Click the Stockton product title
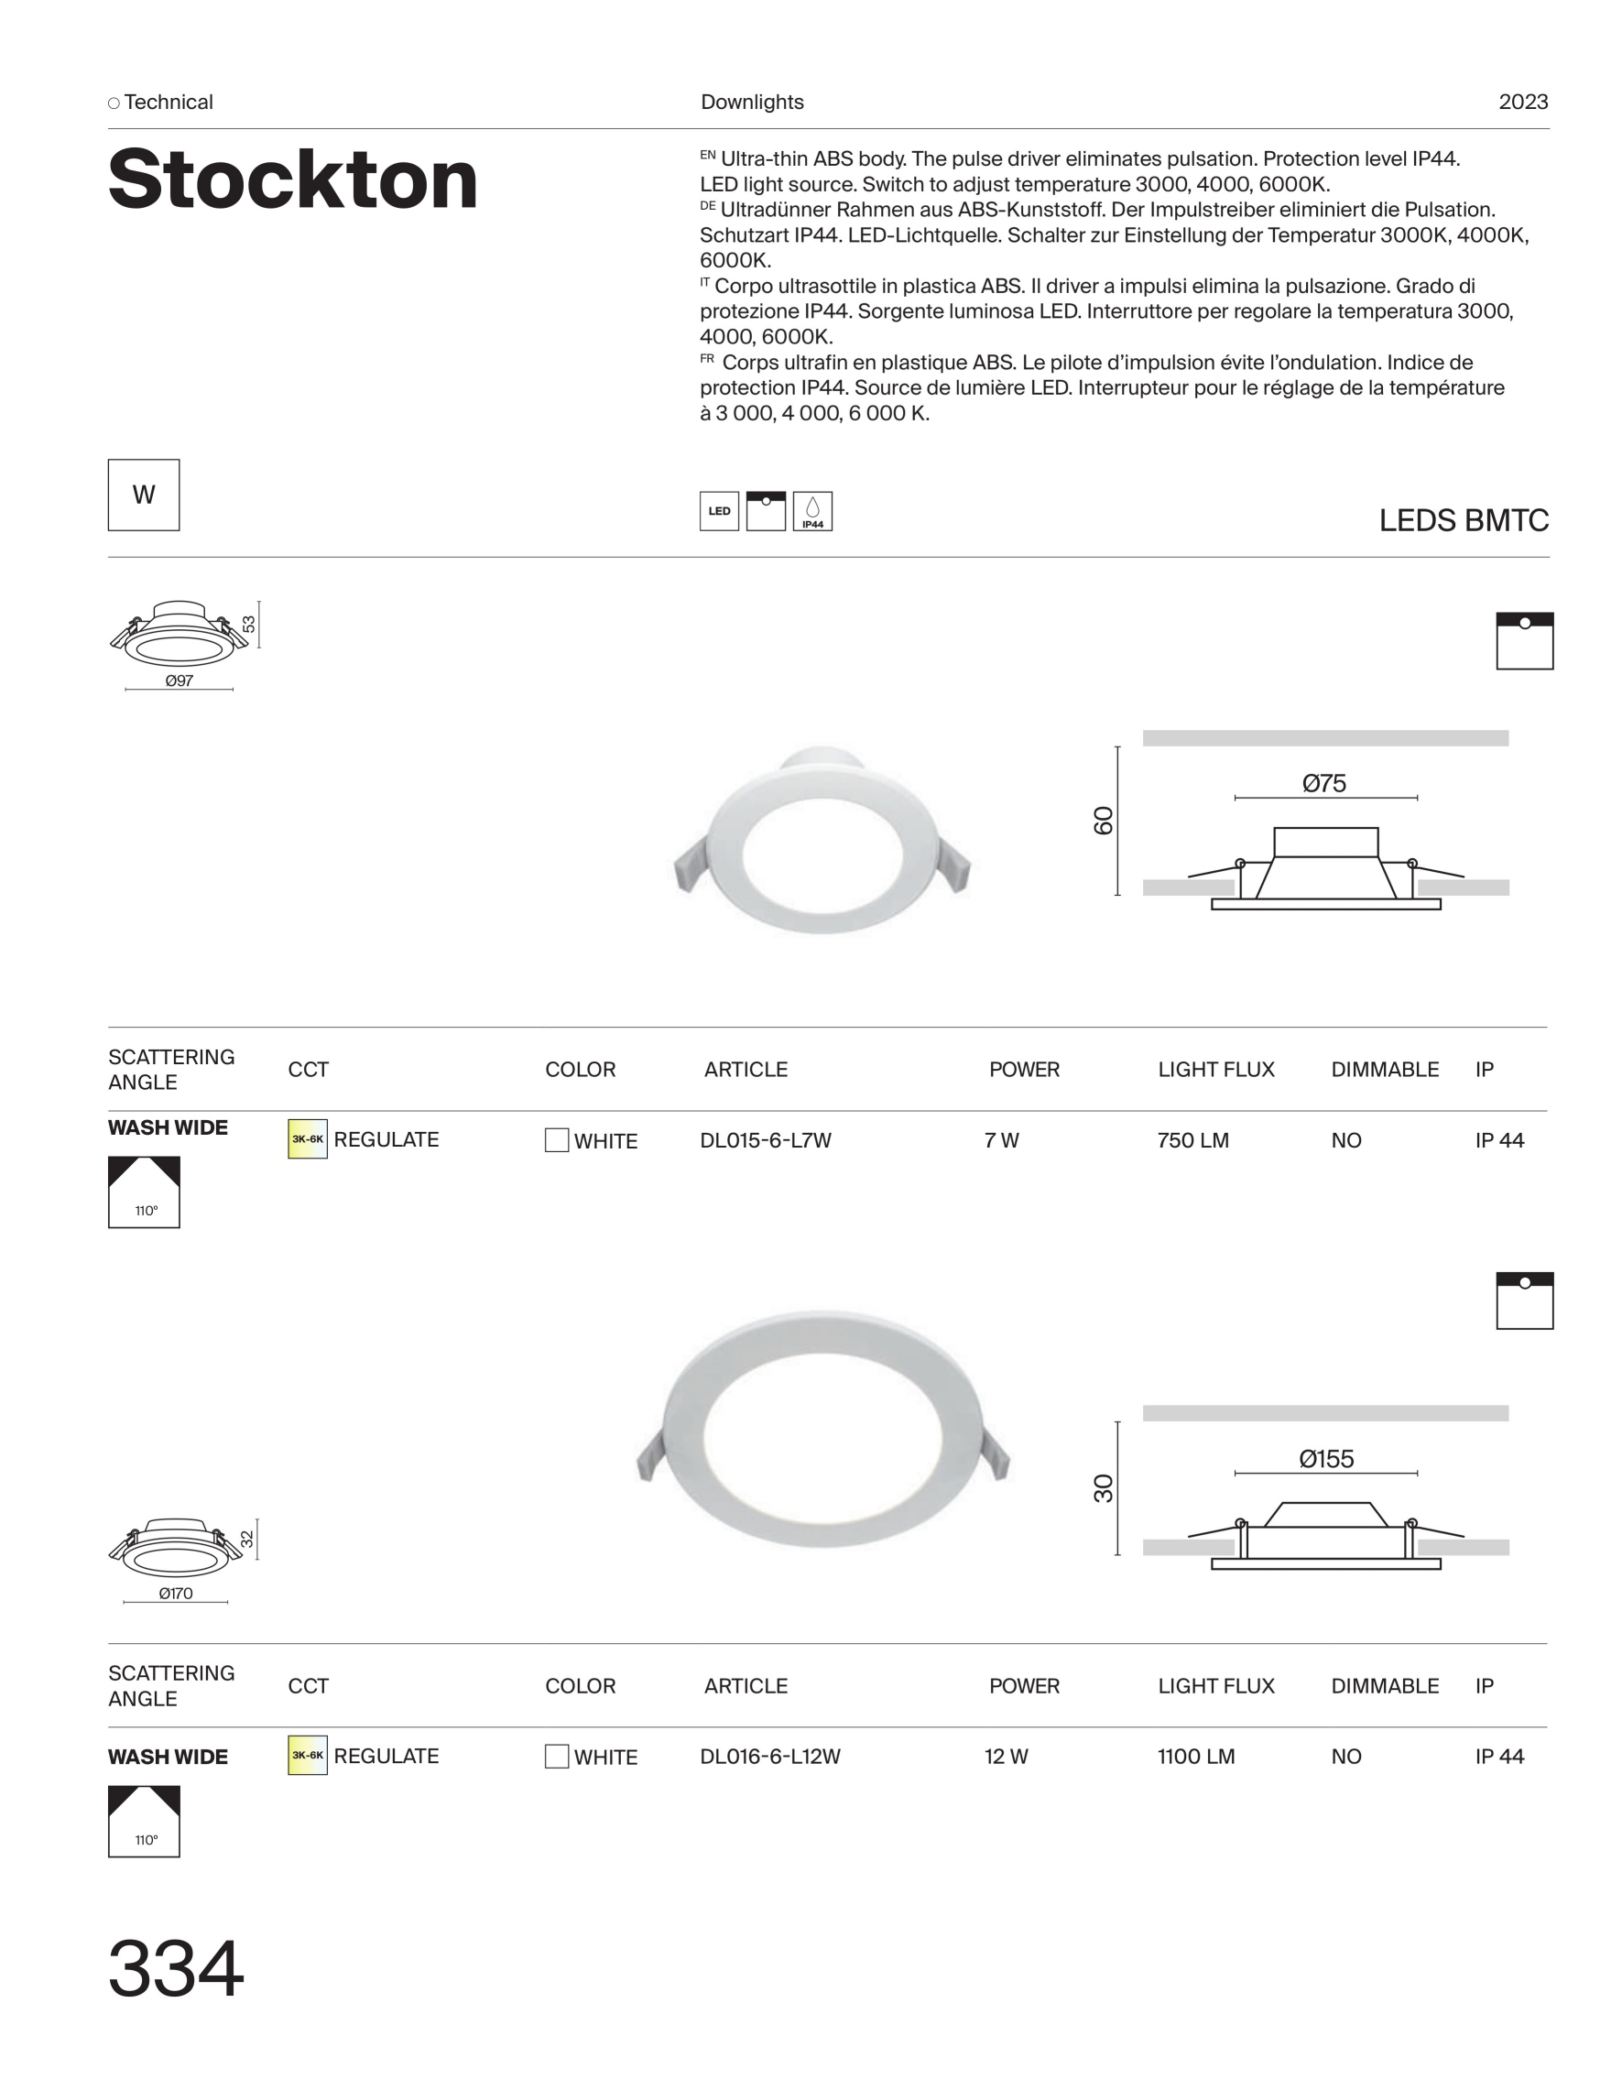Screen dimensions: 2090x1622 coord(293,180)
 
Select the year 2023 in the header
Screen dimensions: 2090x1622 coord(1522,103)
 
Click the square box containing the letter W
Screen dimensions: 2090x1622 coord(144,495)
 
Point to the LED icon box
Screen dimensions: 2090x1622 coord(719,511)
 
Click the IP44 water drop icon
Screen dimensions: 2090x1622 coord(812,511)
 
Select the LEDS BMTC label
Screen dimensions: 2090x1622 coord(1464,520)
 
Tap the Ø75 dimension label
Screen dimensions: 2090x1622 coord(1324,784)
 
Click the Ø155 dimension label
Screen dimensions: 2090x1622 coord(1326,1459)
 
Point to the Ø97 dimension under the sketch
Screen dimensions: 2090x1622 coord(179,680)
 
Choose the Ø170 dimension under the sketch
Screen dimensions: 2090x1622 coord(176,1594)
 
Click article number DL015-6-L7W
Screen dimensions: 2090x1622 coord(766,1140)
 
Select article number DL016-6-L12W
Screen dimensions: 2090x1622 coord(770,1757)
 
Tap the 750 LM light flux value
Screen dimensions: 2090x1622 coord(1192,1140)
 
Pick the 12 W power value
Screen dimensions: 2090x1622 coord(1006,1757)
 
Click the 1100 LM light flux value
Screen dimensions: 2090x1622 coord(1196,1757)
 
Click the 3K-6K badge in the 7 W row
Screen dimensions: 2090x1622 coord(307,1138)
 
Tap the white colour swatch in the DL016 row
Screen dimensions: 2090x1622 coord(556,1756)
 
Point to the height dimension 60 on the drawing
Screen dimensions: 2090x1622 coord(1104,821)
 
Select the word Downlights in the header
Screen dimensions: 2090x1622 coord(752,103)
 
